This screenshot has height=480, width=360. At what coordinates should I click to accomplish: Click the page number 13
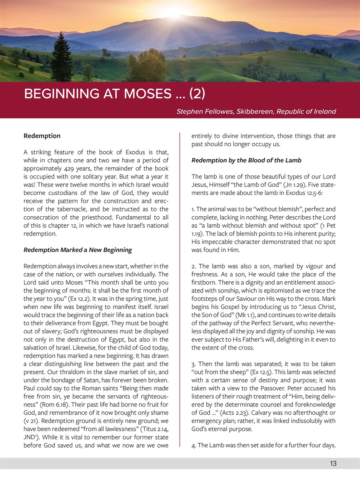(333, 463)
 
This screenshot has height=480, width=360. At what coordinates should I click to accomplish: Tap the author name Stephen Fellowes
(205, 111)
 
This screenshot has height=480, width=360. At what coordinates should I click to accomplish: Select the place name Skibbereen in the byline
(255, 111)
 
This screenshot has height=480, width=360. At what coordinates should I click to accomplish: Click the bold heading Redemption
(42, 136)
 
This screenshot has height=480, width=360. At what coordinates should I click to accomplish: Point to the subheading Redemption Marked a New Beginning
(78, 250)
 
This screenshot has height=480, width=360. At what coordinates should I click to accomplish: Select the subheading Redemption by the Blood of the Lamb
(246, 160)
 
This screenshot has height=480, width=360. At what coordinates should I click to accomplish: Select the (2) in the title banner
(197, 93)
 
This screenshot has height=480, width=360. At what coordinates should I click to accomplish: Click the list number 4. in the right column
(194, 445)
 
